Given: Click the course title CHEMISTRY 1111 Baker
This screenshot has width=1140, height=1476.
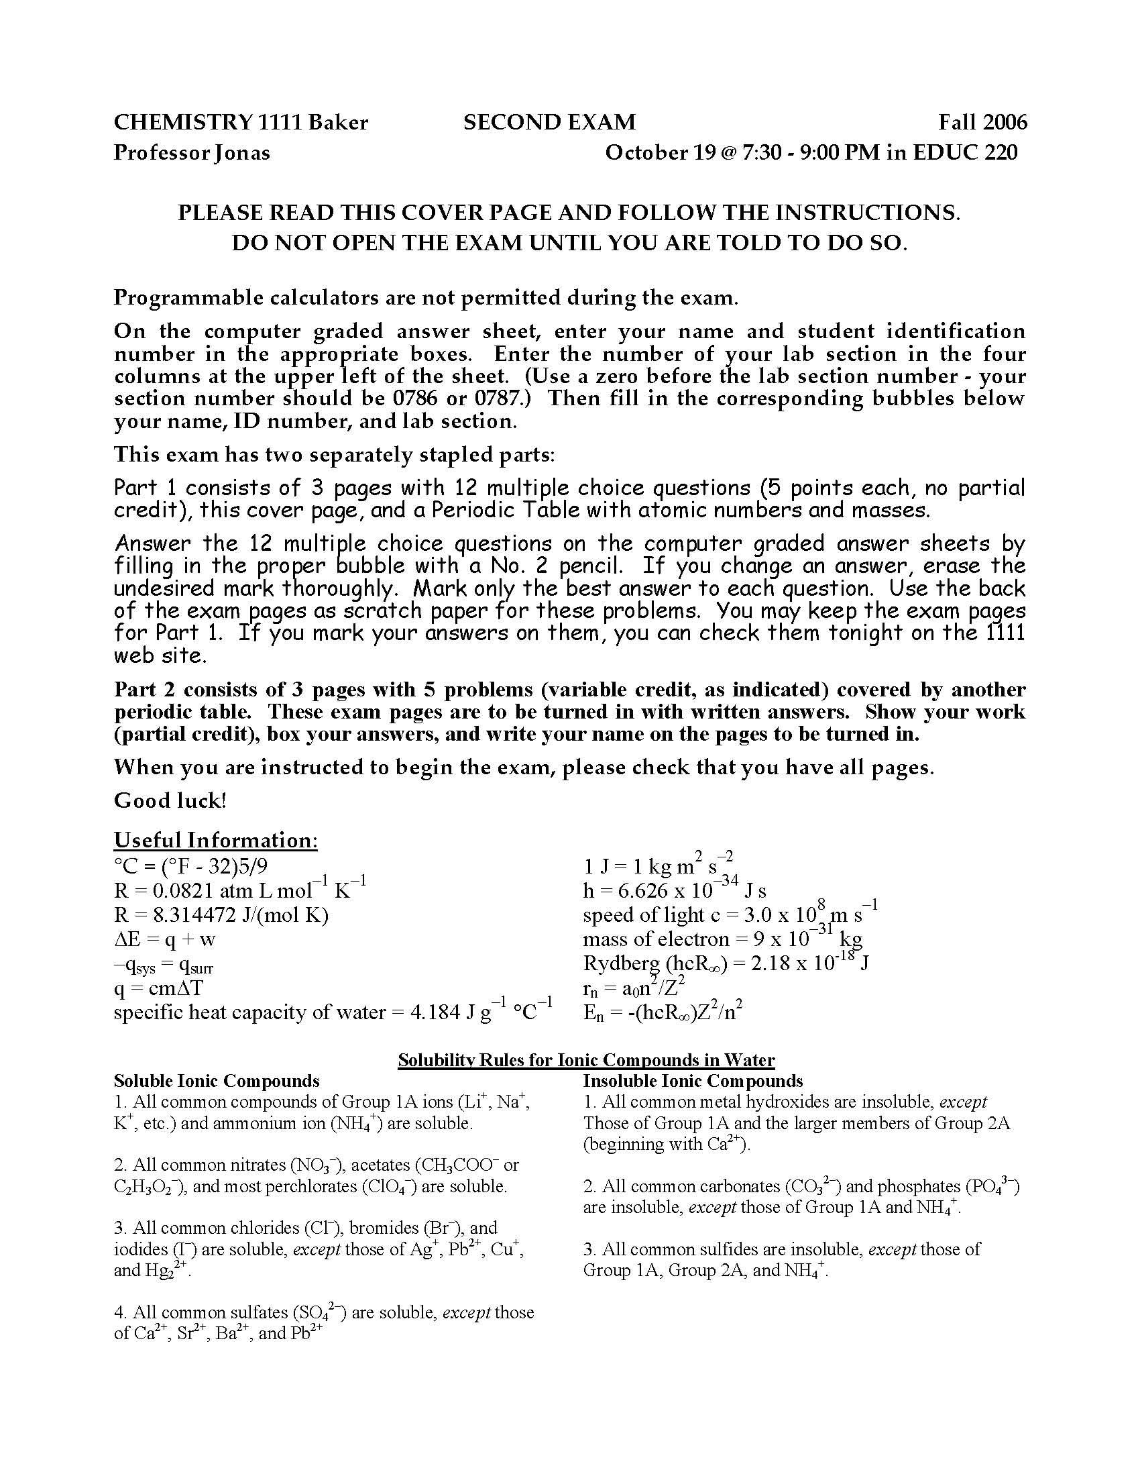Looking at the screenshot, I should [x=241, y=122].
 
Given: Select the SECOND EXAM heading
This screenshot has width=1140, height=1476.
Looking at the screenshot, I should [x=549, y=122].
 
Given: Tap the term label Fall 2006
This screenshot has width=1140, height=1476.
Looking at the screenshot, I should [x=982, y=122].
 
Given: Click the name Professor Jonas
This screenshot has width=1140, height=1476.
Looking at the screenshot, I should [x=192, y=153].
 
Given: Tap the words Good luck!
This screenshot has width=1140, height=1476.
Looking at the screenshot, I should [x=170, y=800].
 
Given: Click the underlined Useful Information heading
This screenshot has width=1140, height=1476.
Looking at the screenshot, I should [x=215, y=840].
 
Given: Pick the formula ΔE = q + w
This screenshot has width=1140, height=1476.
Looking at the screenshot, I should [x=165, y=939].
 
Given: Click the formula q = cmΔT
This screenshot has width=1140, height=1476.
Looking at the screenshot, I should [x=158, y=988].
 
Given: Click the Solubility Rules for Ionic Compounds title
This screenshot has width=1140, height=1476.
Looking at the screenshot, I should [x=585, y=1059].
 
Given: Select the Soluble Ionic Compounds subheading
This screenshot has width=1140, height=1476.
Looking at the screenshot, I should [x=216, y=1081].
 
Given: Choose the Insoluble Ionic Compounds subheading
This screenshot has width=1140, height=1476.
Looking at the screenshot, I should [x=693, y=1081].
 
